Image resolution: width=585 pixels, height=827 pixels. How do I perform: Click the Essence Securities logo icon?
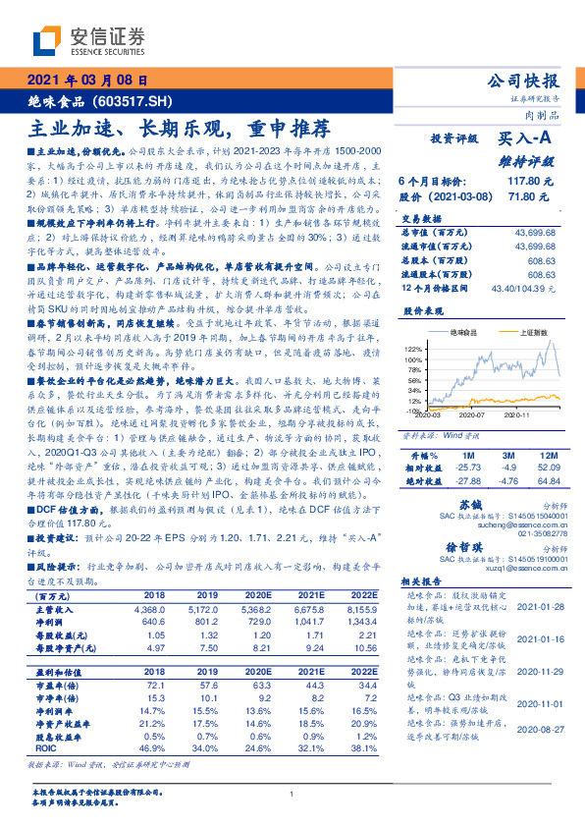[x=44, y=40]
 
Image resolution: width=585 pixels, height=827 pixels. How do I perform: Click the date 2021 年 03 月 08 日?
[x=87, y=81]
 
